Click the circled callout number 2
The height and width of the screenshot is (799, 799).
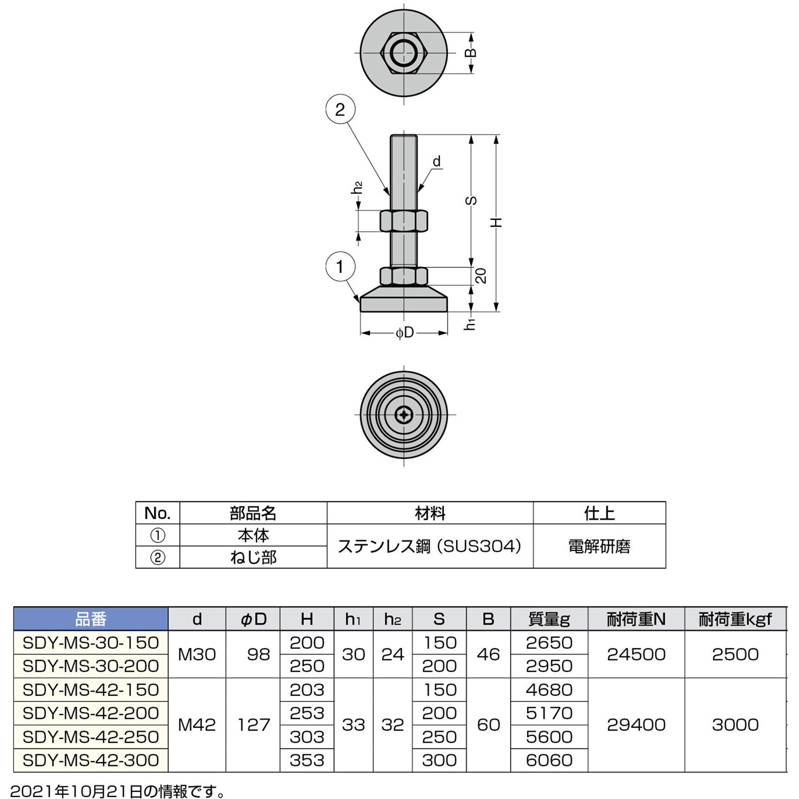coord(340,109)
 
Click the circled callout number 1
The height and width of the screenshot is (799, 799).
coord(340,266)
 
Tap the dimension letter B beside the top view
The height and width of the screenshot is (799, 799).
coord(471,53)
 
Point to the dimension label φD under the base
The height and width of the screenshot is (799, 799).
coord(404,333)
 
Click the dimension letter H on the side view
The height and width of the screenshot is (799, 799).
coord(496,222)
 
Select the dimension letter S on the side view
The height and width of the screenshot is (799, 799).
coord(471,200)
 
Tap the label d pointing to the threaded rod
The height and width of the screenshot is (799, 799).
coord(437,161)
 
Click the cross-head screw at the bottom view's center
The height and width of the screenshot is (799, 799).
coord(404,415)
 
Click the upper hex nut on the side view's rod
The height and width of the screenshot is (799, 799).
coord(404,221)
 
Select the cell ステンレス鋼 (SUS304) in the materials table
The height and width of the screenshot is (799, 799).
coord(430,546)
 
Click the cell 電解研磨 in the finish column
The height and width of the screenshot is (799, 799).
coord(599,546)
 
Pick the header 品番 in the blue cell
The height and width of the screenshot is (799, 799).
coord(91,619)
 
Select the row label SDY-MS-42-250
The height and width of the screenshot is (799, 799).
coord(91,736)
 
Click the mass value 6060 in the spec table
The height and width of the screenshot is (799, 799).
coord(549,760)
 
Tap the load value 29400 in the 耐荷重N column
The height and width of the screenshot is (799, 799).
coord(636,724)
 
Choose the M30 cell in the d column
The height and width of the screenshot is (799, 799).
coord(197,654)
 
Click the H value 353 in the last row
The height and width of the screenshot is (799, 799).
coord(307,760)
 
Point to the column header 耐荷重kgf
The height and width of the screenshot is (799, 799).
coord(735,619)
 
